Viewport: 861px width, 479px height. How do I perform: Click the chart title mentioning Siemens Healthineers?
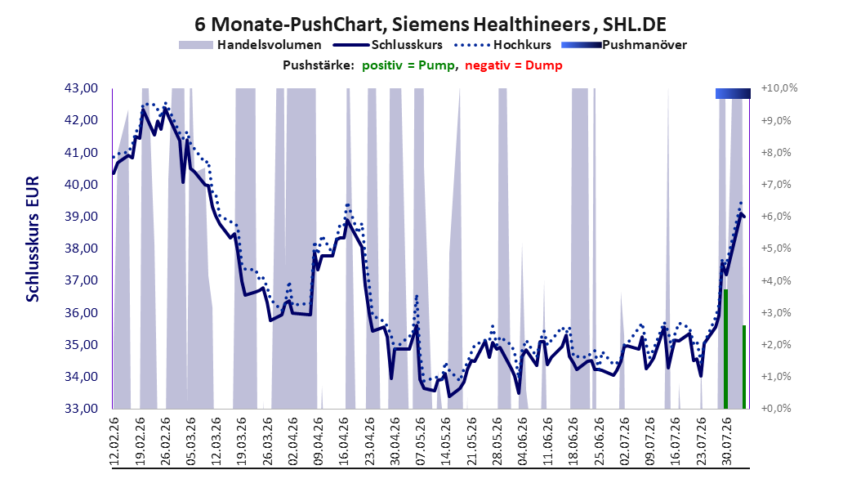tap(430, 24)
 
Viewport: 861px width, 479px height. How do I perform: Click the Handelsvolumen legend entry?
tap(251, 45)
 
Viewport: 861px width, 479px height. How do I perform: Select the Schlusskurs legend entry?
tap(388, 45)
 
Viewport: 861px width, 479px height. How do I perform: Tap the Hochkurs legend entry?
tap(502, 45)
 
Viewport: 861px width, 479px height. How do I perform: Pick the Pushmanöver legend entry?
tap(624, 45)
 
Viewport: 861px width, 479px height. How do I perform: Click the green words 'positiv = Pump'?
tap(408, 65)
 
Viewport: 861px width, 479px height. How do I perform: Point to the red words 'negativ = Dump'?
tap(514, 65)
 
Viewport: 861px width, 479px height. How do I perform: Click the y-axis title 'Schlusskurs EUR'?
tap(33, 239)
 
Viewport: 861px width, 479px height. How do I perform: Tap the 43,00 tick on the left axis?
tap(81, 88)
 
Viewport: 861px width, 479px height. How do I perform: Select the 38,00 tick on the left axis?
tap(81, 248)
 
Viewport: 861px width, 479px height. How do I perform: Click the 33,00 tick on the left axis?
tap(81, 409)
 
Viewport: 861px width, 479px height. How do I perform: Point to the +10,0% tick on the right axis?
tap(779, 88)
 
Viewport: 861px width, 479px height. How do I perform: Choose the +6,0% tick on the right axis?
tap(776, 217)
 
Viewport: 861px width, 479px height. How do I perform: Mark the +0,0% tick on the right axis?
tap(776, 409)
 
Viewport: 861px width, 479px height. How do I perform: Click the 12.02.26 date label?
tap(114, 441)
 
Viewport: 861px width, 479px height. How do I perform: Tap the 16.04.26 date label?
tap(344, 441)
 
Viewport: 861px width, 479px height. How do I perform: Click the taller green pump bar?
tap(725, 349)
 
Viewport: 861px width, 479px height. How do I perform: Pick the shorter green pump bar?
tap(744, 367)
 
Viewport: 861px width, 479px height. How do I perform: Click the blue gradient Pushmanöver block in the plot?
tap(733, 93)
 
